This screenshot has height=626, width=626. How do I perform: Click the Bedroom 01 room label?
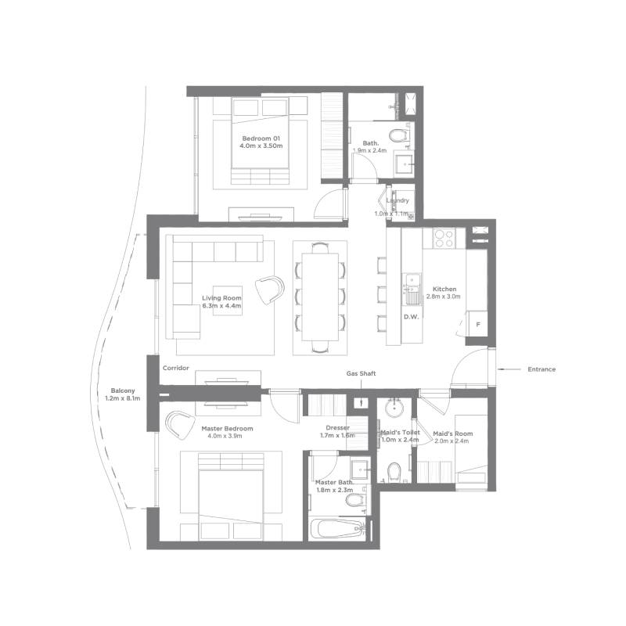pyautogui.click(x=261, y=142)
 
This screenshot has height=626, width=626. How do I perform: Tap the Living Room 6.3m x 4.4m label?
pyautogui.click(x=221, y=302)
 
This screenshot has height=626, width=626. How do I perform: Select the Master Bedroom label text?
pyautogui.click(x=227, y=428)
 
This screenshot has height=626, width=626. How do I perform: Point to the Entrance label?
pyautogui.click(x=541, y=369)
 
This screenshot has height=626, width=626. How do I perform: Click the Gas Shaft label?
pyautogui.click(x=361, y=374)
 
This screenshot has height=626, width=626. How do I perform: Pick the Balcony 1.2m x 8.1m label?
pyautogui.click(x=123, y=394)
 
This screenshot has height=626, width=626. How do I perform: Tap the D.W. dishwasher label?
pyautogui.click(x=412, y=317)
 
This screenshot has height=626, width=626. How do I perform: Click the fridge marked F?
pyautogui.click(x=478, y=324)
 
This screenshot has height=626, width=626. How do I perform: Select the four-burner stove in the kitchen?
pyautogui.click(x=444, y=239)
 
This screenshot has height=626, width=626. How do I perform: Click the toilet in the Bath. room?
pyautogui.click(x=398, y=135)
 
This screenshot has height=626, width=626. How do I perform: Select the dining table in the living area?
pyautogui.click(x=320, y=297)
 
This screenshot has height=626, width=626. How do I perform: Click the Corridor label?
pyautogui.click(x=175, y=368)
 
